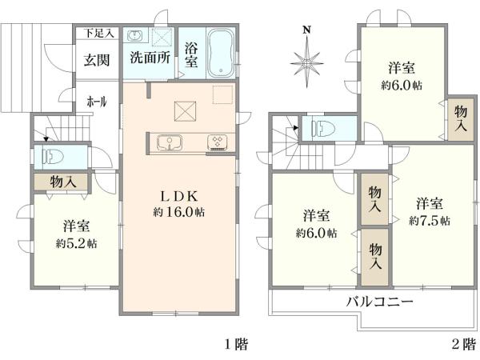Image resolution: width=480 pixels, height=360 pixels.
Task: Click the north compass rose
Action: [x=307, y=60]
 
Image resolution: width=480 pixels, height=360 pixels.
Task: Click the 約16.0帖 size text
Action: [x=178, y=213]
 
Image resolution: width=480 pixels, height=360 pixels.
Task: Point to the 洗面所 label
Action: [x=150, y=58]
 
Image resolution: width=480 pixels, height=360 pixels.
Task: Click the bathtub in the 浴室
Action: [x=219, y=53]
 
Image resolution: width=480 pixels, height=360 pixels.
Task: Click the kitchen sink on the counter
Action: [x=170, y=142]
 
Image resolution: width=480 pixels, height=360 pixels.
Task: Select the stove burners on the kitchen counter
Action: [x=217, y=142]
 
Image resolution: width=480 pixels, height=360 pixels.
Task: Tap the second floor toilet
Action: [x=325, y=129]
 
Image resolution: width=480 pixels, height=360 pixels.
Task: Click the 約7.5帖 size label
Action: [x=429, y=219]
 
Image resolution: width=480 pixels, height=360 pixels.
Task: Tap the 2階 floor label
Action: [x=462, y=345]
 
